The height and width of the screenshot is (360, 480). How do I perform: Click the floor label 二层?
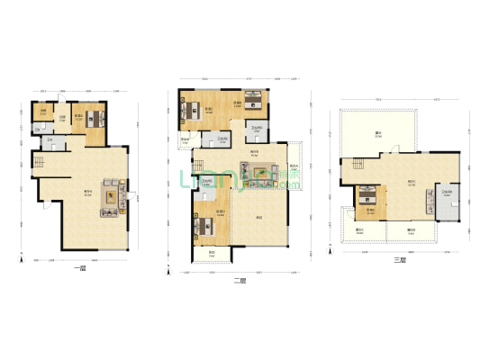(x=240, y=281)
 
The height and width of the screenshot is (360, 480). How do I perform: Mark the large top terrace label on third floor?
(x=378, y=135)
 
